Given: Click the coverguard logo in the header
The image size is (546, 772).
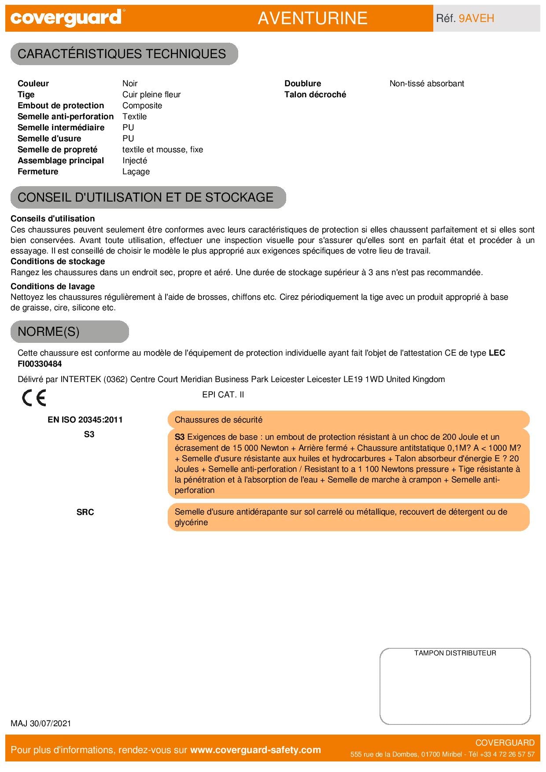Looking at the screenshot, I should tap(66, 18).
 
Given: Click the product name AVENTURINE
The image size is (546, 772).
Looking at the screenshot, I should tap(312, 18).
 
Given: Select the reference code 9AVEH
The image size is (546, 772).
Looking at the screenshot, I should tap(476, 18).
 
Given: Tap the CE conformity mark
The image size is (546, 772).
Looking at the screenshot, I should tap(34, 398).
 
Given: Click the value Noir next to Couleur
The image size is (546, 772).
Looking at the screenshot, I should tap(130, 84).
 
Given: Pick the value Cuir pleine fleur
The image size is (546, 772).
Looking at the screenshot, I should tap(151, 95).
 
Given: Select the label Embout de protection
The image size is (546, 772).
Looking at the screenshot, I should tap(61, 106).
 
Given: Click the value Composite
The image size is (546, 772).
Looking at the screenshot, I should tap(142, 106).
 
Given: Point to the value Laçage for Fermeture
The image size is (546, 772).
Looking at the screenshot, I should tap(136, 172).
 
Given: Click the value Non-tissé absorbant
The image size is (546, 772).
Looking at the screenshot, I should tap(427, 84).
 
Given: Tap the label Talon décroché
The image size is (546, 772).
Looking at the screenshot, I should tap(315, 95).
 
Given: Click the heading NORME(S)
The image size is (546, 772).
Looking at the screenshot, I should tap(48, 331).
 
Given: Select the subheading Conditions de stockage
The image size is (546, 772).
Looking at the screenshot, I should tap(58, 261).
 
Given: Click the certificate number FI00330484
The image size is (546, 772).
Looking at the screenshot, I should tap(40, 364).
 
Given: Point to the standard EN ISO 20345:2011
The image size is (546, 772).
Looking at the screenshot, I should tap(85, 420).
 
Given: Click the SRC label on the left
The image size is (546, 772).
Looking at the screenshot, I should tap(85, 512).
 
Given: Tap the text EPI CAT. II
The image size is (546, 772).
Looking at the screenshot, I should tap(223, 395).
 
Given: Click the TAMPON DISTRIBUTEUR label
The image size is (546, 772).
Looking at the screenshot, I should tap(455, 653).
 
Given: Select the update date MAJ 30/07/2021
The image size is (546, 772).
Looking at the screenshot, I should tap(41, 724).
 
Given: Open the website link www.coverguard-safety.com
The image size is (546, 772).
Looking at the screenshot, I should tap(255, 750).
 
